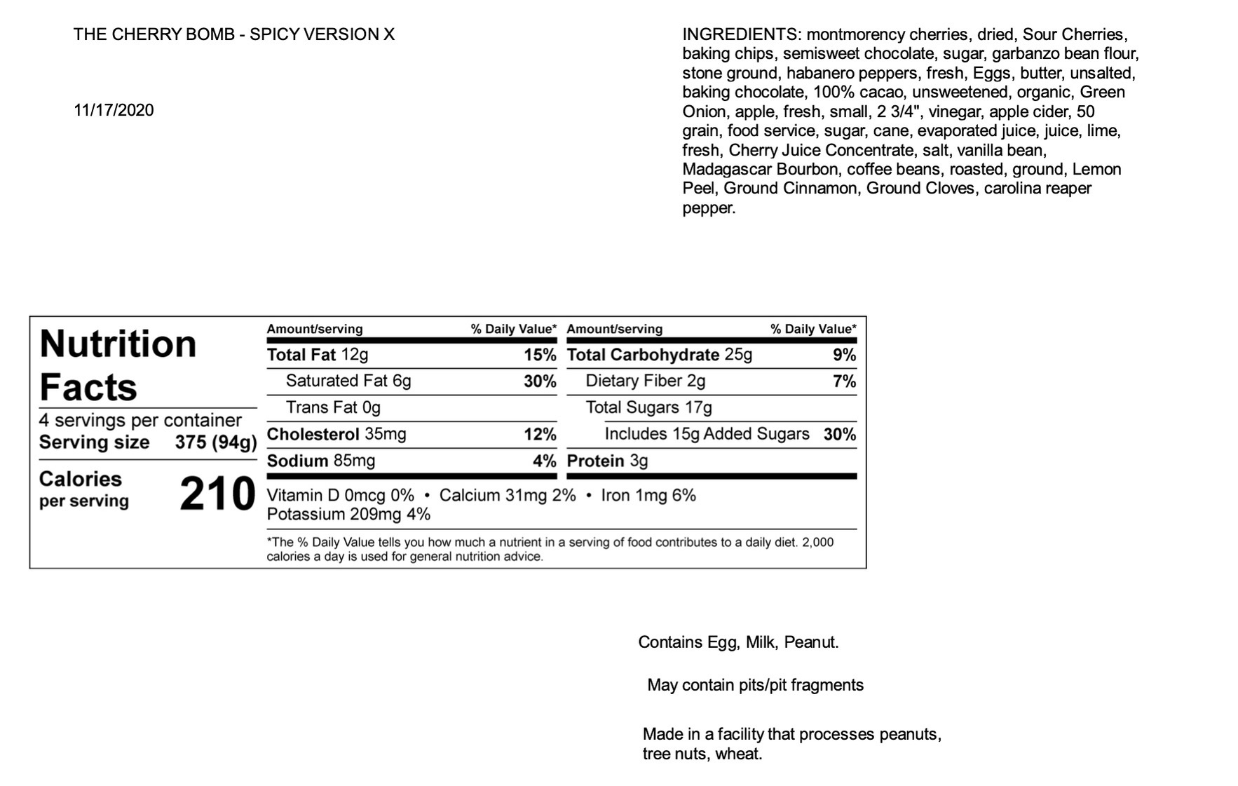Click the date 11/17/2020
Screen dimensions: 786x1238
click(x=114, y=110)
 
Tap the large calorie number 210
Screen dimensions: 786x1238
click(x=217, y=494)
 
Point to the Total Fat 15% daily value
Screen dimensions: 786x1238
click(x=540, y=355)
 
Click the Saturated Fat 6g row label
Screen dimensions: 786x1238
click(x=348, y=381)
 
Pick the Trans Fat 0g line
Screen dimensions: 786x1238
click(x=333, y=407)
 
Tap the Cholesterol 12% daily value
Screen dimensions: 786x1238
click(x=540, y=435)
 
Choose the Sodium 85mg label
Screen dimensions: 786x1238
click(x=320, y=461)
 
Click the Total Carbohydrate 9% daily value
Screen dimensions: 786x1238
click(x=844, y=355)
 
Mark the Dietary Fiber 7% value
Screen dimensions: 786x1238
click(x=844, y=381)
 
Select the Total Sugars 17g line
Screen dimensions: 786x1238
click(x=648, y=407)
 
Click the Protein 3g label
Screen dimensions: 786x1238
click(x=607, y=461)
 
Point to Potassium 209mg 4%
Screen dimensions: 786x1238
click(x=348, y=515)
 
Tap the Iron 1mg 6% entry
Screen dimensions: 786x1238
click(x=648, y=496)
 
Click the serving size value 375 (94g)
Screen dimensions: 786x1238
click(x=216, y=442)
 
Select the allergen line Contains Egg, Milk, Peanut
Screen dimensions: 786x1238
click(x=738, y=642)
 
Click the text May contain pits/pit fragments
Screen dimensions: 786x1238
click(x=755, y=685)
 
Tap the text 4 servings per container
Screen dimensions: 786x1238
click(x=140, y=420)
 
